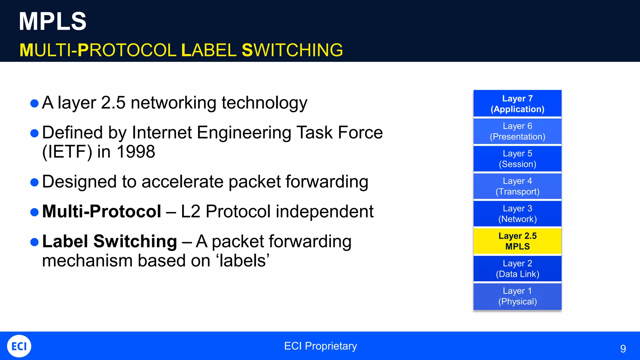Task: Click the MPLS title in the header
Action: pos(52,21)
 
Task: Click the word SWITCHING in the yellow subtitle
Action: pos(292,50)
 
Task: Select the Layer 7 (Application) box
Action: pos(517,103)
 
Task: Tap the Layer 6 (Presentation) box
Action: pos(517,131)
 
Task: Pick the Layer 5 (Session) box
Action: pos(517,158)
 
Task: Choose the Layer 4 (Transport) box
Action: pos(517,186)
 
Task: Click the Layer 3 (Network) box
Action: pos(517,213)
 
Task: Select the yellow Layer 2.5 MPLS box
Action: pos(517,241)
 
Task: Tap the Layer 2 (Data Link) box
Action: pos(517,268)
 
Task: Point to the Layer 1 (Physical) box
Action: pos(517,296)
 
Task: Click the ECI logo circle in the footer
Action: pos(19,346)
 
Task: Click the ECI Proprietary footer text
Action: pos(320,346)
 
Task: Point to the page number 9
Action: pos(623,348)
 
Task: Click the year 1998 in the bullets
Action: pos(136,152)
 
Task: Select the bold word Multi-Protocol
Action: pos(102,211)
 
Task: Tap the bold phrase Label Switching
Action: pos(109,241)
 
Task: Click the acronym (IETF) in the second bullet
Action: pos(67,152)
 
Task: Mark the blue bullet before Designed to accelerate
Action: pos(34,182)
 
